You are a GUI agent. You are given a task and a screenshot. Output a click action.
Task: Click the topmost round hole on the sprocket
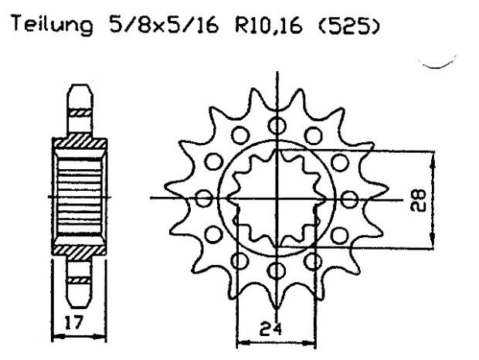pyautogui.click(x=276, y=124)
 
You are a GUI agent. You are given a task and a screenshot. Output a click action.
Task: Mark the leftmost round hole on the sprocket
pyautogui.click(x=204, y=199)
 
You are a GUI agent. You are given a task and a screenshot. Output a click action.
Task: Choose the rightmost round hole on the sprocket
pyautogui.click(x=348, y=199)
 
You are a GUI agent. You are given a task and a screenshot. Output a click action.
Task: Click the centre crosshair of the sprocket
pyautogui.click(x=276, y=199)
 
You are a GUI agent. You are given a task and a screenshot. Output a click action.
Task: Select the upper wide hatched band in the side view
pyautogui.click(x=77, y=143)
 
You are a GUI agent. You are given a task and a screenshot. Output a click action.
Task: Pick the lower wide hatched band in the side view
pyautogui.click(x=77, y=252)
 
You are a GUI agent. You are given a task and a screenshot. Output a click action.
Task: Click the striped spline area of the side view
pyautogui.click(x=77, y=198)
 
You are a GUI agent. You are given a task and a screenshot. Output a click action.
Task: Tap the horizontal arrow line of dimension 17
pyautogui.click(x=77, y=335)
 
